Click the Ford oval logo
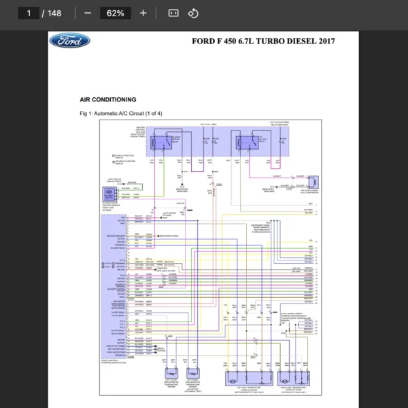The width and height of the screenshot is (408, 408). coord(69,41)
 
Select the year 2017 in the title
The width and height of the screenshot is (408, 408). coord(325,41)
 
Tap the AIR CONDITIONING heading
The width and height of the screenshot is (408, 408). coord(108,99)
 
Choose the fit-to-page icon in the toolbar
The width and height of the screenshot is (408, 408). coord(173,13)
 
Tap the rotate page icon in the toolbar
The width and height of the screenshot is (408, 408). coord(192,13)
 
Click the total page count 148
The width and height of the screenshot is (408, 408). coord(54,13)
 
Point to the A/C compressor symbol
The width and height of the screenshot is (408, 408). coord(313,182)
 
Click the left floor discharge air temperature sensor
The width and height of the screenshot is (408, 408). coord(170,375)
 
